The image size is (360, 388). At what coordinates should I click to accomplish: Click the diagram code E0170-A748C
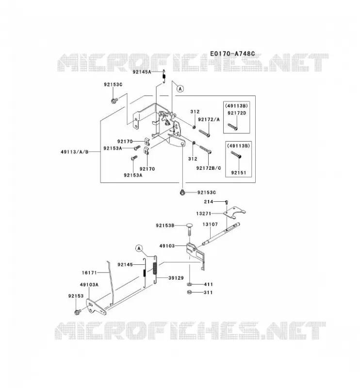232,54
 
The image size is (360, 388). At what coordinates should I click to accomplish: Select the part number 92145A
142,72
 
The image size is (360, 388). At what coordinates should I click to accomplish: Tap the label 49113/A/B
75,152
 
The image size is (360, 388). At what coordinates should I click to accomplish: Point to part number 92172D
237,113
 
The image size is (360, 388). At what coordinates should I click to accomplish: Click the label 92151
238,173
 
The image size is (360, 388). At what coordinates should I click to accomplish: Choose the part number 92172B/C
209,168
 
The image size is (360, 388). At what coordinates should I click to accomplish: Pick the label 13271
203,213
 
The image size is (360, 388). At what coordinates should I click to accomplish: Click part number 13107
210,224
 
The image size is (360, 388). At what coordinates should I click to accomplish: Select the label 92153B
165,226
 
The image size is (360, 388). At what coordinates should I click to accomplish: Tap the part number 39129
176,278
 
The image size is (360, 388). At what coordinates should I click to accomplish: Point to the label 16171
89,273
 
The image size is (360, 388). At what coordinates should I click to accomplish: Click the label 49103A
89,285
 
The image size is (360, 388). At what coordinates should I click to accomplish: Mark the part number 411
208,284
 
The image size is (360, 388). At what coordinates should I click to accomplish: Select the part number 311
208,292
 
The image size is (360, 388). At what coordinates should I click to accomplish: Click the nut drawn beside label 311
190,292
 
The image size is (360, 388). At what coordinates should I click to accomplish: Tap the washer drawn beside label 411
190,284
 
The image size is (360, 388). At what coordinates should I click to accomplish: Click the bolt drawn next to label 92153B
189,229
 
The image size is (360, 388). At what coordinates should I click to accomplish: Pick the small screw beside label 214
226,202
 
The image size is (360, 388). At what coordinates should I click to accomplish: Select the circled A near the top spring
180,88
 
